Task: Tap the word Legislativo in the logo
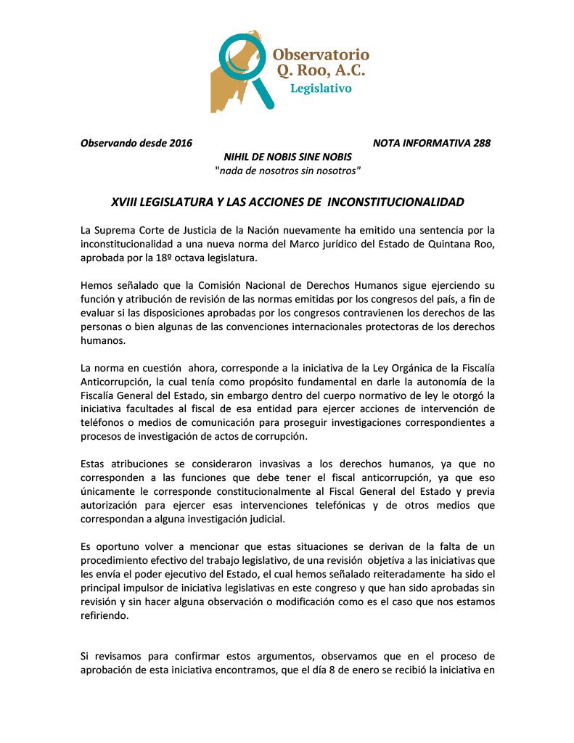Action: pyautogui.click(x=321, y=89)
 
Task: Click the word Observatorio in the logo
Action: pyautogui.click(x=321, y=54)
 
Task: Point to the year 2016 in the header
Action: pyautogui.click(x=180, y=143)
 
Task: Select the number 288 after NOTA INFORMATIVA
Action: pyautogui.click(x=481, y=143)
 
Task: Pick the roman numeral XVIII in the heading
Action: pyautogui.click(x=124, y=201)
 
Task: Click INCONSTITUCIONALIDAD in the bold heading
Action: pyautogui.click(x=396, y=201)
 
